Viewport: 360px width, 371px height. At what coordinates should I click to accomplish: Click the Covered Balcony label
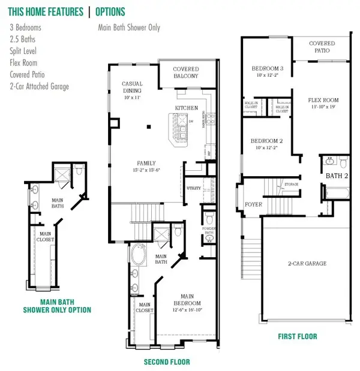186,73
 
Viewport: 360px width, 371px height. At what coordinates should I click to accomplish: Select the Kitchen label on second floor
186,108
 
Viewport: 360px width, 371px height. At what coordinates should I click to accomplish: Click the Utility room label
193,188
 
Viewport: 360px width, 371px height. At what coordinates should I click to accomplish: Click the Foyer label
254,204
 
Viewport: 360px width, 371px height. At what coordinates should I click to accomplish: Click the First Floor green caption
297,336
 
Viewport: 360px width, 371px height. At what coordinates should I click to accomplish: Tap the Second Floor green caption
167,362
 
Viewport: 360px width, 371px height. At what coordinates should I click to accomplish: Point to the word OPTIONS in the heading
110,12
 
